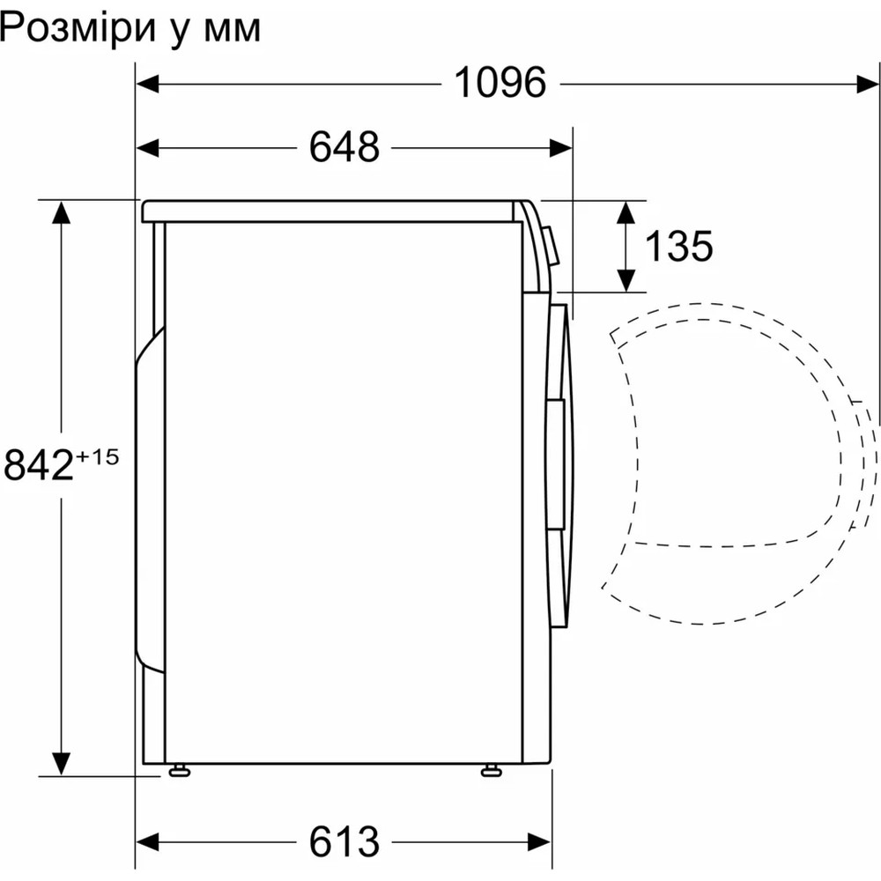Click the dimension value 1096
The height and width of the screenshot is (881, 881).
pos(500,84)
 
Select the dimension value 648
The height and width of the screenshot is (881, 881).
pos(344,147)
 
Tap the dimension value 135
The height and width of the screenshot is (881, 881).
pos(677,247)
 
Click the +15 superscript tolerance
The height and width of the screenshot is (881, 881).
pos(97,456)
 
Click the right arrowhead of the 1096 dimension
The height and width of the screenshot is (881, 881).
pos(868,84)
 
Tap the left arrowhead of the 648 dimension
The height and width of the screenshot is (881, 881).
pos(146,147)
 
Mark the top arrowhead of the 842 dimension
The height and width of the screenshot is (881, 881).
pos(61,212)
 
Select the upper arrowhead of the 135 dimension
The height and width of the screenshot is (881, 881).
pos(626,211)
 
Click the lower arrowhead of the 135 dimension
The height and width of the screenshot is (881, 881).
pos(626,279)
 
